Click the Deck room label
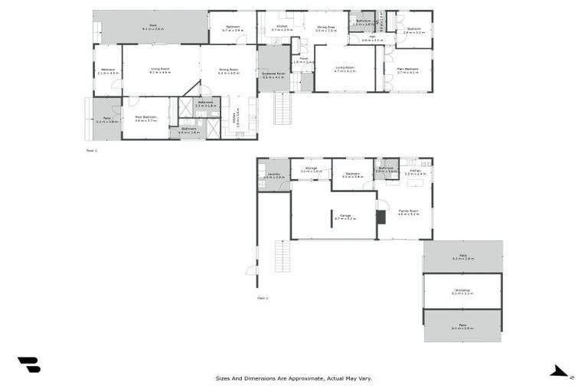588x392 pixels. coord(153,28)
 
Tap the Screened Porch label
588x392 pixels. coord(273,75)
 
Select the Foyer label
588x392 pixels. coord(304,60)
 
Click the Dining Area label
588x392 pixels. coord(326,29)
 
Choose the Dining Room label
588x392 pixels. coord(229,71)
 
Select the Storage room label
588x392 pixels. coord(311,169)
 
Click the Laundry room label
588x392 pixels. coord(273,175)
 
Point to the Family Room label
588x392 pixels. coord(408,212)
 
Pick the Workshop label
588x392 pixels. coord(462,291)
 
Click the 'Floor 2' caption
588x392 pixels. coord(91,151)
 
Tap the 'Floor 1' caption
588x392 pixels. coord(262,297)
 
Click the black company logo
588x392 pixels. coord(28,364)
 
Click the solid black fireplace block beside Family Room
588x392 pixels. coord(381,217)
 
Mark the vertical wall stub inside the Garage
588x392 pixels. coord(331,219)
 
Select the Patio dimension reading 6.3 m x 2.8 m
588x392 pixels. coord(462,259)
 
